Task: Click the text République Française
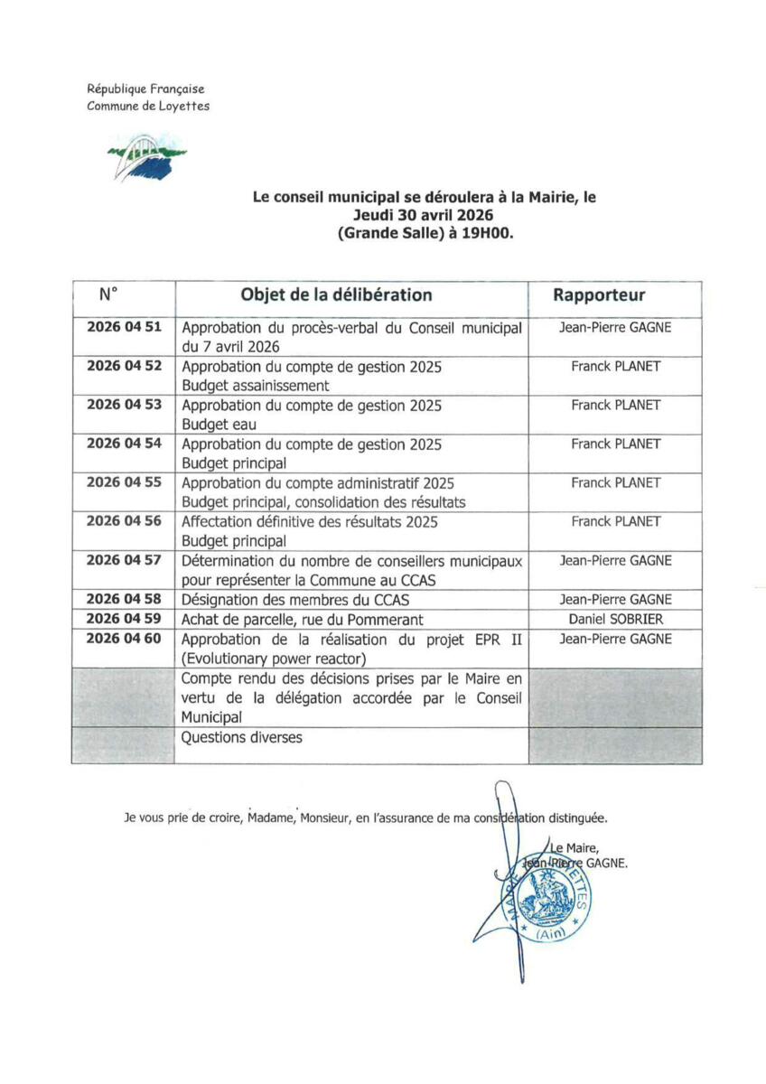[x=145, y=89]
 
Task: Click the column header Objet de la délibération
[x=336, y=295]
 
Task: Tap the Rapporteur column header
[x=599, y=295]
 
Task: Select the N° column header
[x=108, y=294]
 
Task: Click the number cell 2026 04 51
[x=124, y=327]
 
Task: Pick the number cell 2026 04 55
[x=124, y=482]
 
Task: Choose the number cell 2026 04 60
[x=124, y=639]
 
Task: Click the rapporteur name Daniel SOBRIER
[x=615, y=619]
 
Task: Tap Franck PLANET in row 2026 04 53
[x=615, y=405]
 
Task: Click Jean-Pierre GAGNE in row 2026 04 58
[x=615, y=599]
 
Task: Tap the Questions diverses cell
[x=242, y=737]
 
